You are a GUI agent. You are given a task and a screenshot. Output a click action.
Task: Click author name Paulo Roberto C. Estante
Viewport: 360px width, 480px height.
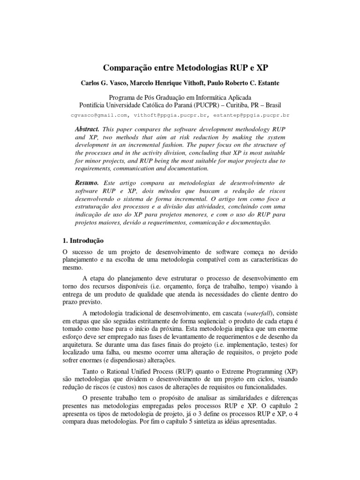point(254,82)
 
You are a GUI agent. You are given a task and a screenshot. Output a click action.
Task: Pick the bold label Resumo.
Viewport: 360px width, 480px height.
point(87,182)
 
